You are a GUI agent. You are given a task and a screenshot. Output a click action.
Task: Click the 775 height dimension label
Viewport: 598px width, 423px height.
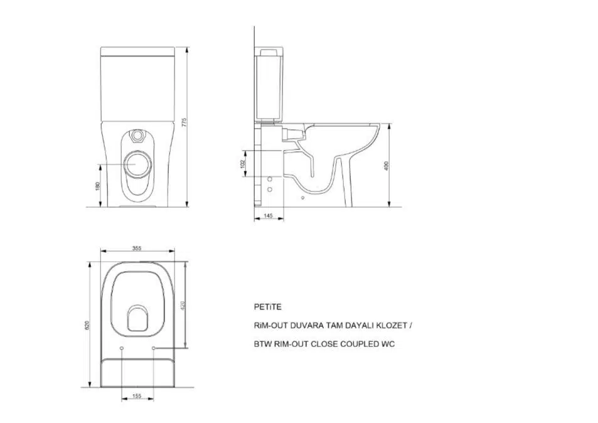click(x=184, y=122)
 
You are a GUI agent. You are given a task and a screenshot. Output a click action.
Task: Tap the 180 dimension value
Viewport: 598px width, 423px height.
click(x=97, y=186)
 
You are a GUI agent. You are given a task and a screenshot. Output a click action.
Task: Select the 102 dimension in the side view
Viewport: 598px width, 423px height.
click(x=243, y=164)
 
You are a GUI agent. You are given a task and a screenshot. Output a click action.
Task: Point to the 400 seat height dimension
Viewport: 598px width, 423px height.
click(x=386, y=166)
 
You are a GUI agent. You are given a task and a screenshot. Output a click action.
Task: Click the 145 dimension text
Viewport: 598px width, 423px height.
click(x=268, y=216)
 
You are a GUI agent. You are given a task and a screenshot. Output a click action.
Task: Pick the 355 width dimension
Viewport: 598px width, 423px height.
click(x=137, y=249)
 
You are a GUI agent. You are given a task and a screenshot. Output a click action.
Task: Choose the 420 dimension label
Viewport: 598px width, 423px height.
click(x=183, y=306)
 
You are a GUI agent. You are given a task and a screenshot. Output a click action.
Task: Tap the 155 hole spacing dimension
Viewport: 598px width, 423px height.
click(x=137, y=396)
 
